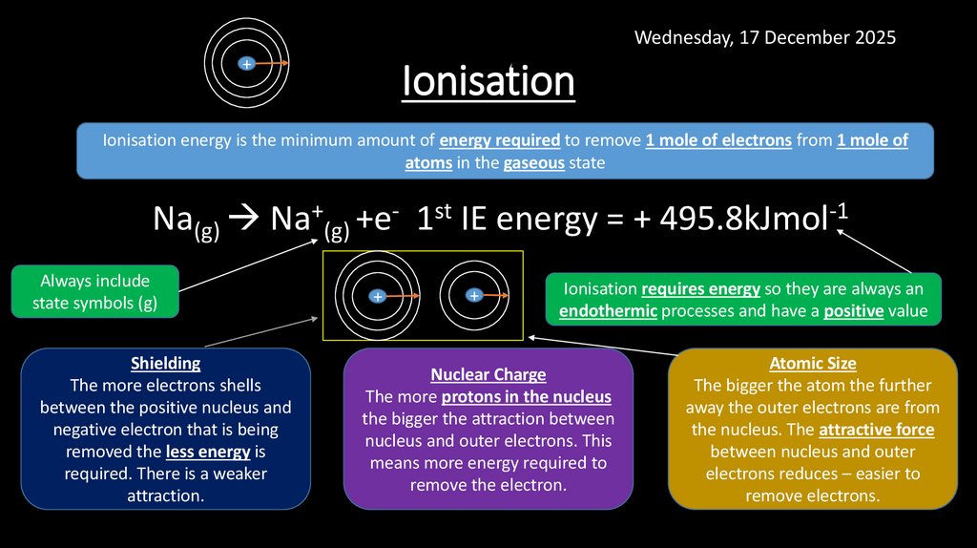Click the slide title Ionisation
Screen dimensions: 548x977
(x=488, y=82)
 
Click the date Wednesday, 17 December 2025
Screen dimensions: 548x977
(x=765, y=37)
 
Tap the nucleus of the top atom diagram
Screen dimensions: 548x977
(x=246, y=64)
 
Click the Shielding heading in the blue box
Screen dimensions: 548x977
(x=165, y=364)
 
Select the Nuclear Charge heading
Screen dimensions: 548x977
(x=488, y=374)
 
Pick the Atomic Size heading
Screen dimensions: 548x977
(x=813, y=364)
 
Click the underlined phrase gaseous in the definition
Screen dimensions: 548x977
(x=533, y=162)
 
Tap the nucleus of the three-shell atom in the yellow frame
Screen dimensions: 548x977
(x=377, y=297)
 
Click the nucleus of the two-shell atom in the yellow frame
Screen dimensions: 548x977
(x=473, y=296)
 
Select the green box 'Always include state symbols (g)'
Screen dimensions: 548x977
(x=94, y=292)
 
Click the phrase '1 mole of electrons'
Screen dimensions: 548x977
(x=718, y=140)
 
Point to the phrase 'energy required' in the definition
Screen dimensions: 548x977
(x=499, y=140)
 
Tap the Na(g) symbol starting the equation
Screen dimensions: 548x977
(x=186, y=222)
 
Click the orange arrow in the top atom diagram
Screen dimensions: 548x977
(x=271, y=64)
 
